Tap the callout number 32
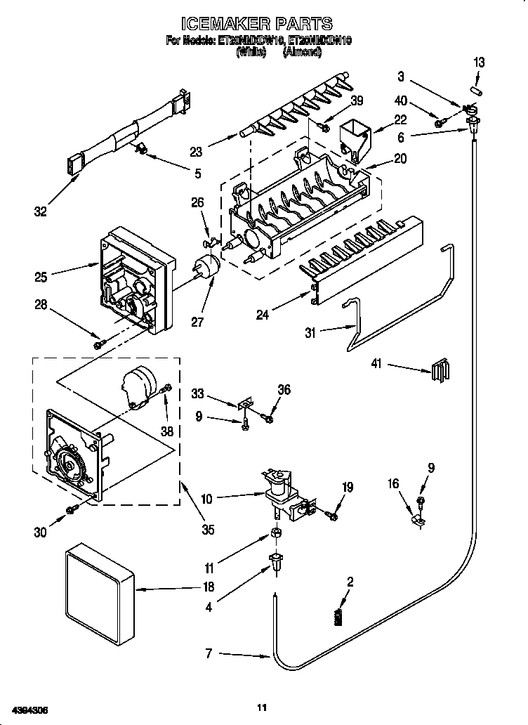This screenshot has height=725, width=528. pyautogui.click(x=40, y=210)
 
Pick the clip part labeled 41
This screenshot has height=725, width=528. pyautogui.click(x=439, y=369)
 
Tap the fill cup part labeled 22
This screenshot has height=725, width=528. pyautogui.click(x=355, y=136)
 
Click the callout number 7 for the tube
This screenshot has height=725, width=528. pyautogui.click(x=208, y=653)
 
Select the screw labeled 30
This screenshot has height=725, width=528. pyautogui.click(x=70, y=509)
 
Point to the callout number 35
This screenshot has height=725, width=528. pyautogui.click(x=208, y=529)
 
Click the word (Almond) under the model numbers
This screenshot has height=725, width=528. pyautogui.click(x=303, y=51)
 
